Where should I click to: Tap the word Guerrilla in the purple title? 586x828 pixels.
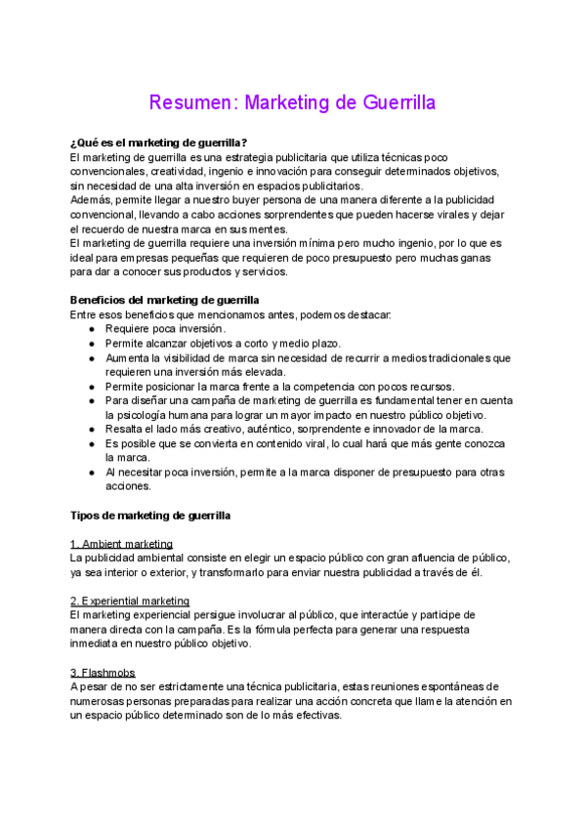388,103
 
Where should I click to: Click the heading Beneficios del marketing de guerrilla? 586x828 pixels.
165,300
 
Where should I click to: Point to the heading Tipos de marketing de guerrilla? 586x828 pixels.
151,515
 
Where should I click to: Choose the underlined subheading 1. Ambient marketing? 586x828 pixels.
122,543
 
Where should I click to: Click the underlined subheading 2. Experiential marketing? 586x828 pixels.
131,600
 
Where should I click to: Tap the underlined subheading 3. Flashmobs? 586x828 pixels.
103,673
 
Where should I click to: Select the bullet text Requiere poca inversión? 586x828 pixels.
165,329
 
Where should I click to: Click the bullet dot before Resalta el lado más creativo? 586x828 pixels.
91,429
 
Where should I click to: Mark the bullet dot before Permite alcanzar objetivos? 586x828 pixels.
91,344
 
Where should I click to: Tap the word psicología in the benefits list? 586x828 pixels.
146,415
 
